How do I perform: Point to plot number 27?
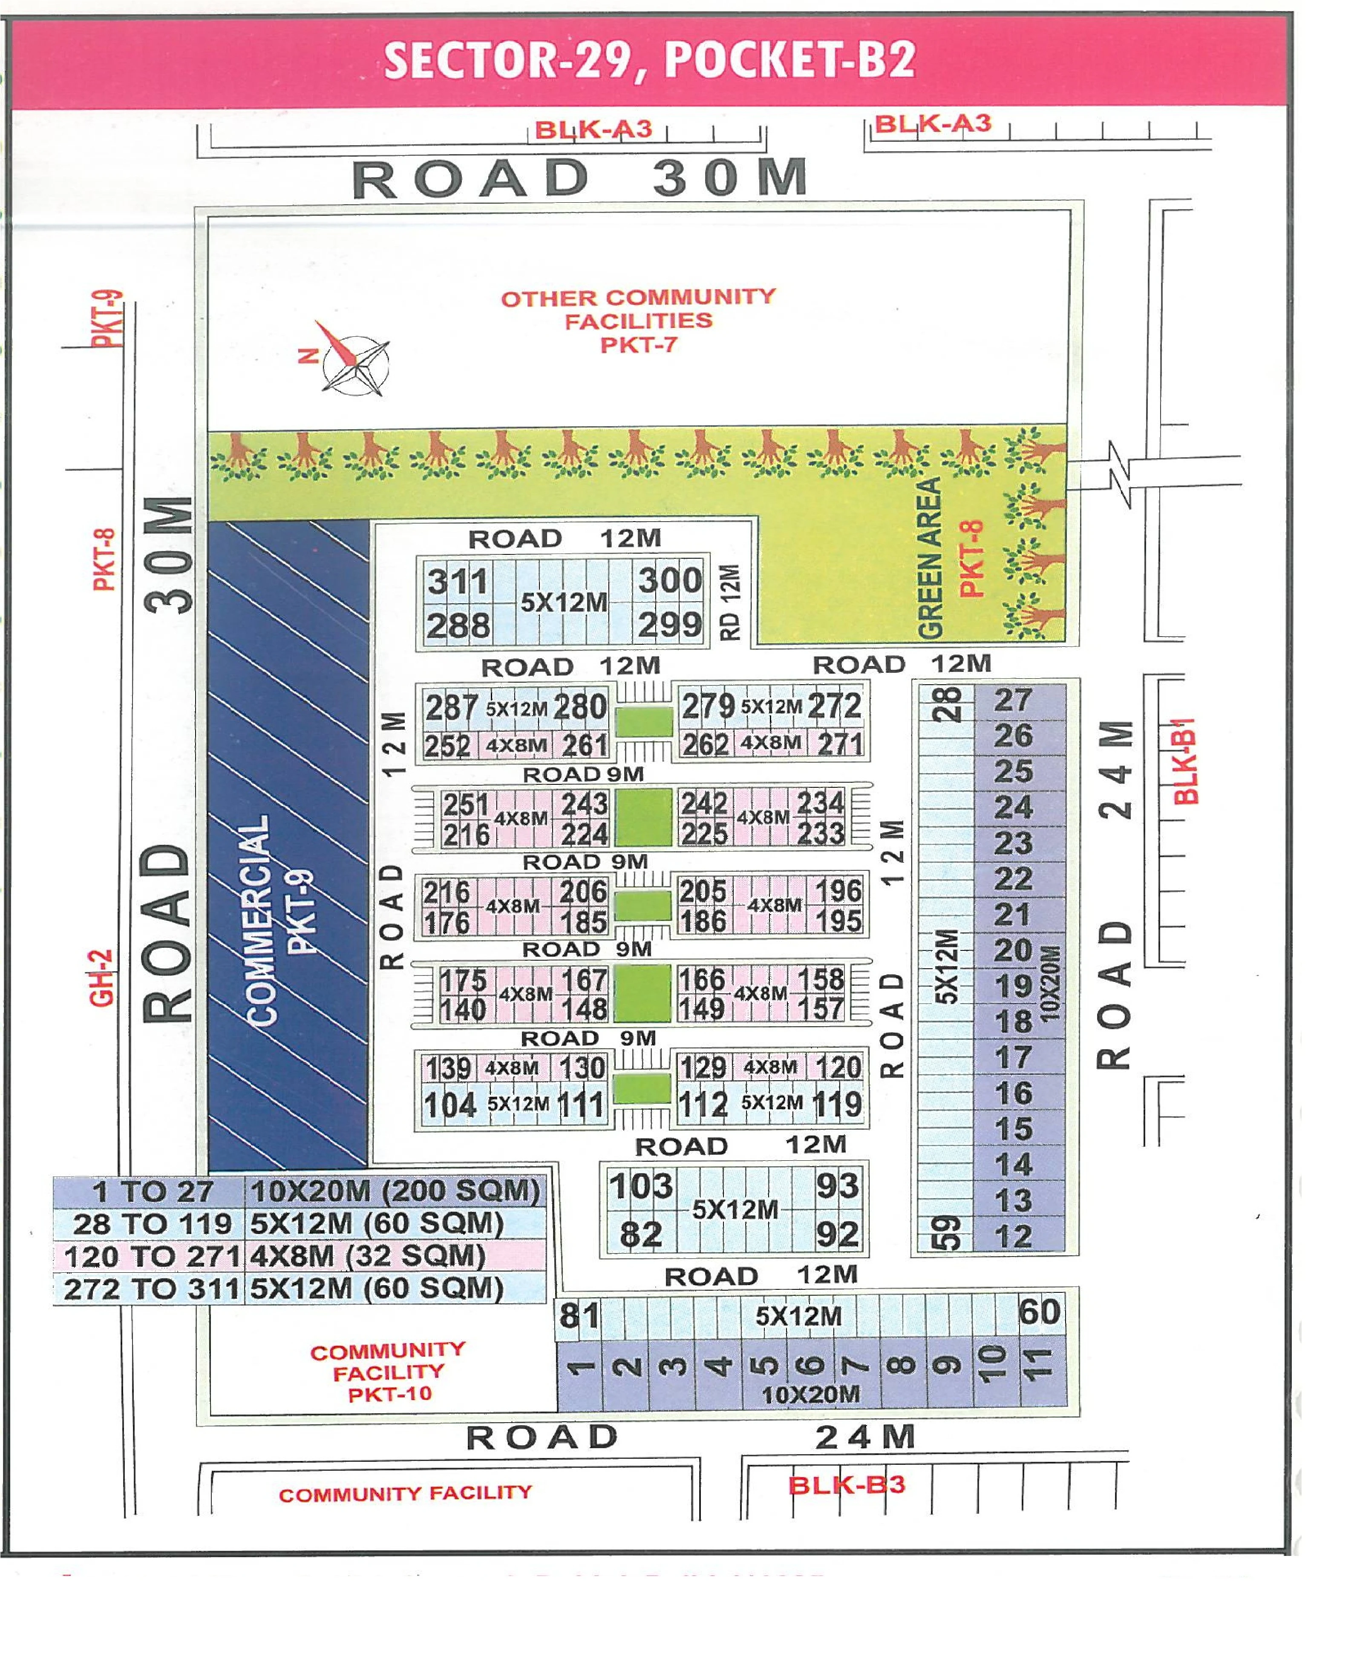click(x=1013, y=700)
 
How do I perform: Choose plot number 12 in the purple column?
click(x=1013, y=1236)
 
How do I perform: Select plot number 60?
click(x=1039, y=1312)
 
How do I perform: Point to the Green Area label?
click(x=929, y=559)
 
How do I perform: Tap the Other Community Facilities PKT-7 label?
click(x=638, y=320)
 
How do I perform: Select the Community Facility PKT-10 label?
click(x=389, y=1372)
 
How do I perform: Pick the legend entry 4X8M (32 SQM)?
click(x=367, y=1256)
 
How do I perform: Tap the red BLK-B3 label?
click(x=847, y=1484)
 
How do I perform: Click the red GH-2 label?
click(x=102, y=977)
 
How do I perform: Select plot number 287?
click(x=451, y=708)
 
